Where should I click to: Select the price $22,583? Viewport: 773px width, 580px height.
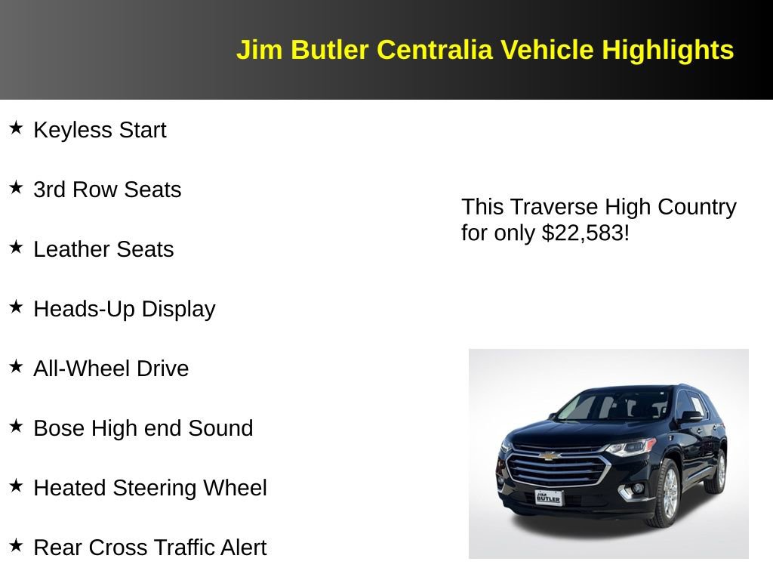click(x=583, y=233)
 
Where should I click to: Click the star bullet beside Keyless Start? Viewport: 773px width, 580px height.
click(x=17, y=128)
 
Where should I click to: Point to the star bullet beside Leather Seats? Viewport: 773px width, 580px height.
click(x=17, y=247)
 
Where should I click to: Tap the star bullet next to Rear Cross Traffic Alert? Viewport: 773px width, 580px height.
click(x=17, y=545)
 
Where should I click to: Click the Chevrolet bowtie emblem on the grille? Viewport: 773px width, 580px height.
click(x=550, y=455)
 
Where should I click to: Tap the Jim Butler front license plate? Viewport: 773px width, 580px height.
click(x=548, y=497)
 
